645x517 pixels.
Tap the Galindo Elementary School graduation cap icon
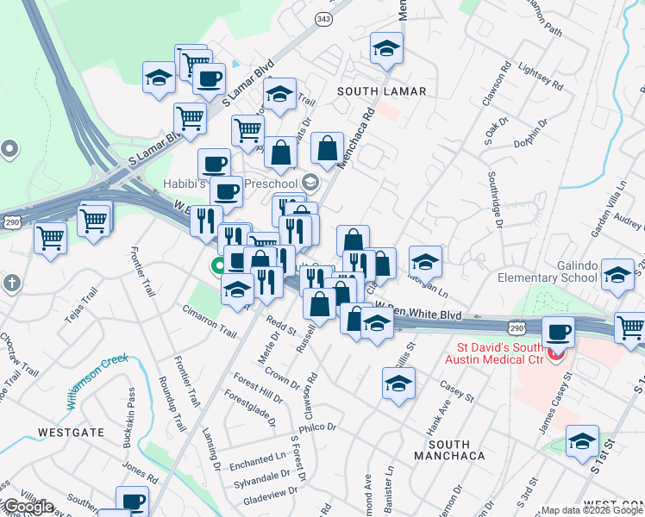pos(617,276)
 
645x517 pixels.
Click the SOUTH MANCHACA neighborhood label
pos(448,454)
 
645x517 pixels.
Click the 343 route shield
pos(323,18)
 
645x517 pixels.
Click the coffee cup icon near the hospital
pos(558,332)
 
